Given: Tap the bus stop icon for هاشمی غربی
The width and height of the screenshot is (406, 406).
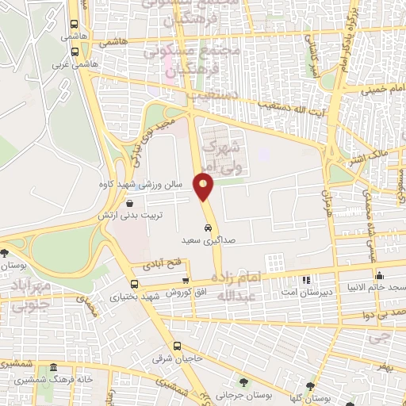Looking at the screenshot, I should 74,52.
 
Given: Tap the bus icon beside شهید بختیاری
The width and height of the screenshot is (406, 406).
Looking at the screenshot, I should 132,284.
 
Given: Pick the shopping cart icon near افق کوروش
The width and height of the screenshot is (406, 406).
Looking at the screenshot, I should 185,280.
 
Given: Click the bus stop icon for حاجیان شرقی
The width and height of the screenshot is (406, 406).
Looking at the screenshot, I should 177,346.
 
